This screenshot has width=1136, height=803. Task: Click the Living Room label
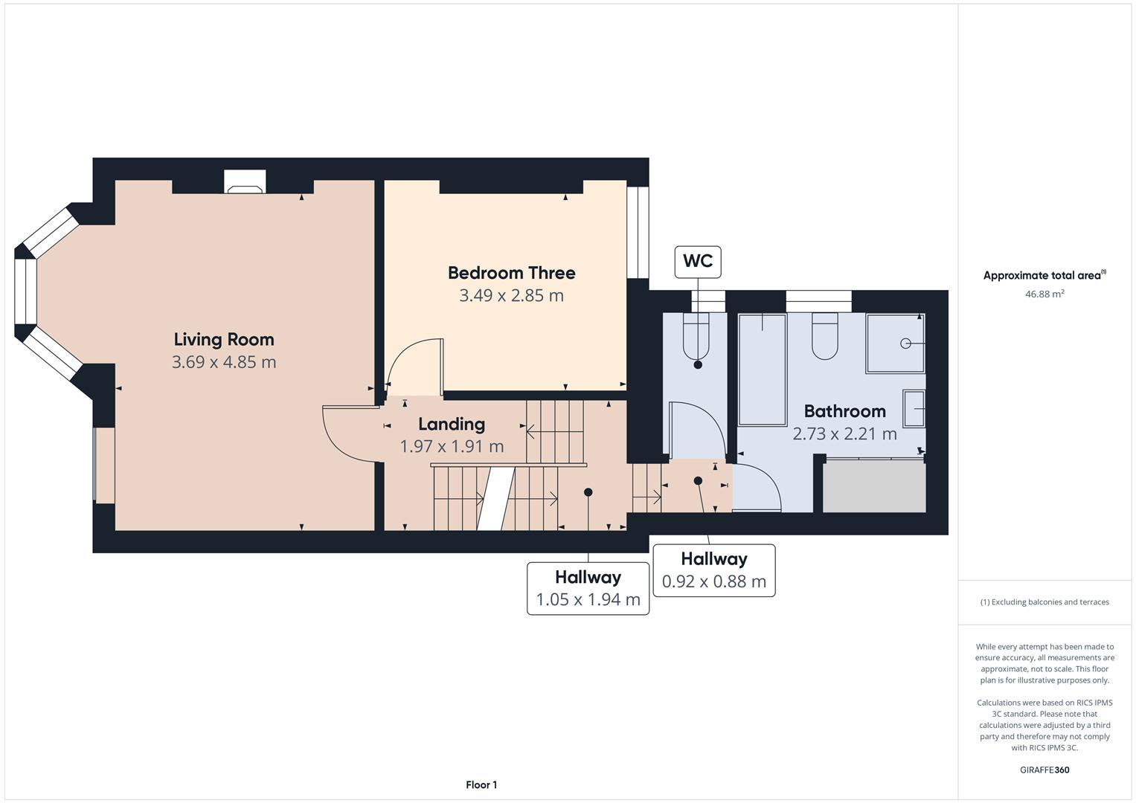(x=224, y=340)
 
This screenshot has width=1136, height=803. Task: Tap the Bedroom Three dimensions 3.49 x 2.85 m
(x=511, y=296)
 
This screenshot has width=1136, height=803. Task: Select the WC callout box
(x=697, y=261)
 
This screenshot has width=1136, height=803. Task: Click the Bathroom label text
(x=844, y=411)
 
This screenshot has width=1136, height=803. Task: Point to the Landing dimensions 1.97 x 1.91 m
(x=452, y=447)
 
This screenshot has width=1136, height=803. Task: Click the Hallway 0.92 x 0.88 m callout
(x=713, y=570)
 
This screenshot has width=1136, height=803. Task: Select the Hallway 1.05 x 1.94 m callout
(x=588, y=588)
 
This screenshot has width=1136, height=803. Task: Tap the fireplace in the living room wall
(x=245, y=181)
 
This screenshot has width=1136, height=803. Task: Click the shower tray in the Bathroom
(x=895, y=343)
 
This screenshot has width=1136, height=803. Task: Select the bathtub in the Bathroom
(x=762, y=369)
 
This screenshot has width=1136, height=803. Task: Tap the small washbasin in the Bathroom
(x=914, y=408)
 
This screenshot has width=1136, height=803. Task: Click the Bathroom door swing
(x=757, y=487)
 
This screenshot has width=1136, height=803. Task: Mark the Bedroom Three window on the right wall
(x=638, y=232)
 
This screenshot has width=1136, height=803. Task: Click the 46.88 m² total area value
(x=1044, y=294)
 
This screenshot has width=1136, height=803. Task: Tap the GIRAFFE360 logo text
(x=1044, y=770)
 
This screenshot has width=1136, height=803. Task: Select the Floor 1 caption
(x=481, y=784)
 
